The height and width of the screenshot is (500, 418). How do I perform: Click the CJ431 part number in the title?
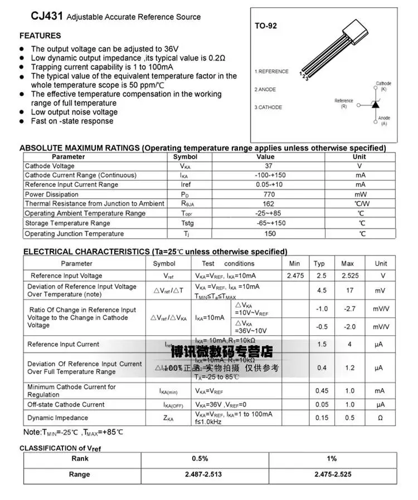pos(47,17)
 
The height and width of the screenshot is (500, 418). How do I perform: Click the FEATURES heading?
pos(40,36)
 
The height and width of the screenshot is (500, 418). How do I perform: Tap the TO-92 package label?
pos(266,26)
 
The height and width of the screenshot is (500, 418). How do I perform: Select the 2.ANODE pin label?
pos(265,90)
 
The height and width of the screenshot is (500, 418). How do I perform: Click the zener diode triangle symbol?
pos(376,104)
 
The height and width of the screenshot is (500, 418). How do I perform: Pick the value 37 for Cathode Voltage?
pos(269,166)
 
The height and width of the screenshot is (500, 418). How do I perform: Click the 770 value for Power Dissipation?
pos(269,194)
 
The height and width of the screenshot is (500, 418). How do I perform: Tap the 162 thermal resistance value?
pos(269,204)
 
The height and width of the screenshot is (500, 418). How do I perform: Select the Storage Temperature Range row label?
pos(67,223)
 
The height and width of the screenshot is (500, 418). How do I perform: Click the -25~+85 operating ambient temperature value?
pos(269,213)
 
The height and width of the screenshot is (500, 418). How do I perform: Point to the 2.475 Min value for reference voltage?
pos(295,276)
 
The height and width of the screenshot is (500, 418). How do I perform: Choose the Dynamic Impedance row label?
pos(58,418)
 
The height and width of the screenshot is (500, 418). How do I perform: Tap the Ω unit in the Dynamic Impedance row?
pos(380,418)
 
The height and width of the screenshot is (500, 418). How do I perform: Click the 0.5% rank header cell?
pos(200,459)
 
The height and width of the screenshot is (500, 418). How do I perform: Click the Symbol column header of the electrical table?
pos(164,263)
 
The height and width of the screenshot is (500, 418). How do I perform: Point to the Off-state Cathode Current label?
pos(66,404)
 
